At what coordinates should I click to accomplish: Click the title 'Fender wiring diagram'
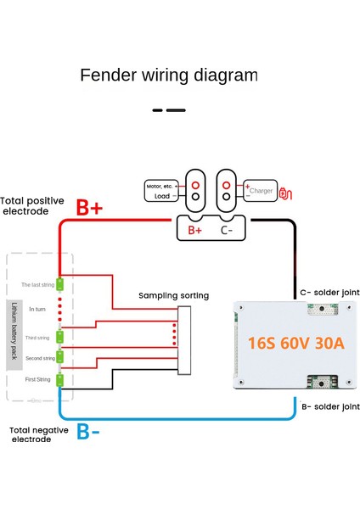(x=168, y=76)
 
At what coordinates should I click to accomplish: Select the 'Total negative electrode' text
(x=37, y=435)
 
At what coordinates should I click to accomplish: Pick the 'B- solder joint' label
(x=330, y=406)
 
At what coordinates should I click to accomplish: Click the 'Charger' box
(x=259, y=191)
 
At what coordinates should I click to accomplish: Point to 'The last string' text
(x=37, y=284)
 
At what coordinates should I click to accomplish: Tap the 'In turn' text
(x=38, y=310)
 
